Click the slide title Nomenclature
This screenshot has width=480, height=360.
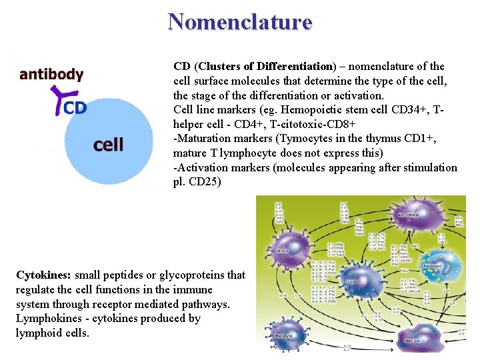coord(240,21)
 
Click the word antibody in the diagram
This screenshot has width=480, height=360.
coord(51,75)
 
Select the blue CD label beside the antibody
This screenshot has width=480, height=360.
coord(75,107)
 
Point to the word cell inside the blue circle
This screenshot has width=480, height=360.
coord(108,144)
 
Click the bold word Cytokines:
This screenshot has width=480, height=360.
coord(44,275)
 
